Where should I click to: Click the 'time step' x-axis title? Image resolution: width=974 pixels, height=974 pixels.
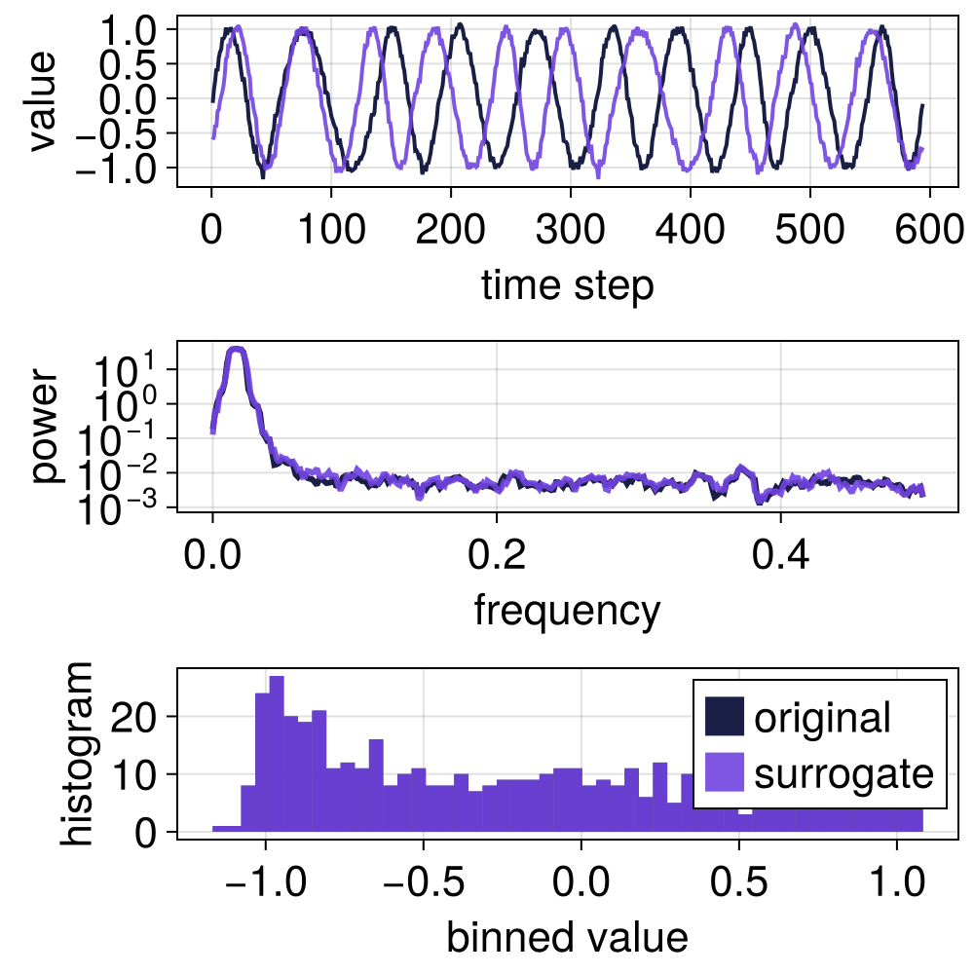(x=567, y=286)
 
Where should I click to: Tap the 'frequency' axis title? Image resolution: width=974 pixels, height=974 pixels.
(x=567, y=611)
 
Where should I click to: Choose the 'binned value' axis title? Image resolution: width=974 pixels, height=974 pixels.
(x=567, y=937)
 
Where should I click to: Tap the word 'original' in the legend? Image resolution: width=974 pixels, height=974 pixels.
(x=822, y=718)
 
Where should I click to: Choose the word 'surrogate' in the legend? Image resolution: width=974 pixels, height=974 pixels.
(x=843, y=774)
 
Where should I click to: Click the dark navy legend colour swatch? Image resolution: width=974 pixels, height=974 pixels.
(x=724, y=718)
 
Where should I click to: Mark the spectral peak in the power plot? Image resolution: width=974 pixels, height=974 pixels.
(x=236, y=351)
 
